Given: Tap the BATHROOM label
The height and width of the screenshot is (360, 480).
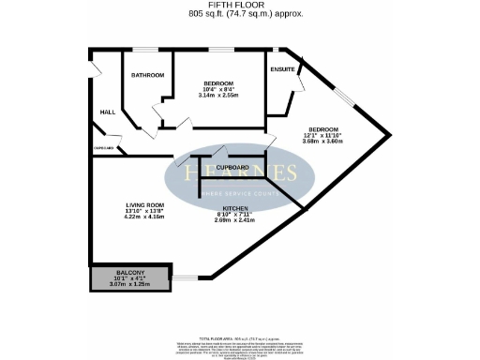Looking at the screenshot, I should [x=147, y=75].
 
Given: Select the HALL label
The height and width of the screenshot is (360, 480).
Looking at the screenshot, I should [x=107, y=113].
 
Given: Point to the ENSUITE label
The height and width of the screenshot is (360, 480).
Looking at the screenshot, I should [x=282, y=70].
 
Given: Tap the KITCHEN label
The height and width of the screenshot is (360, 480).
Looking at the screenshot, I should [x=235, y=209].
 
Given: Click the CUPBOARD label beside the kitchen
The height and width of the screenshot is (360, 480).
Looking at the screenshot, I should [x=232, y=167].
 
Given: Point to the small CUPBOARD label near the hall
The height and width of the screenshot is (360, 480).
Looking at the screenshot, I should [x=103, y=148].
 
